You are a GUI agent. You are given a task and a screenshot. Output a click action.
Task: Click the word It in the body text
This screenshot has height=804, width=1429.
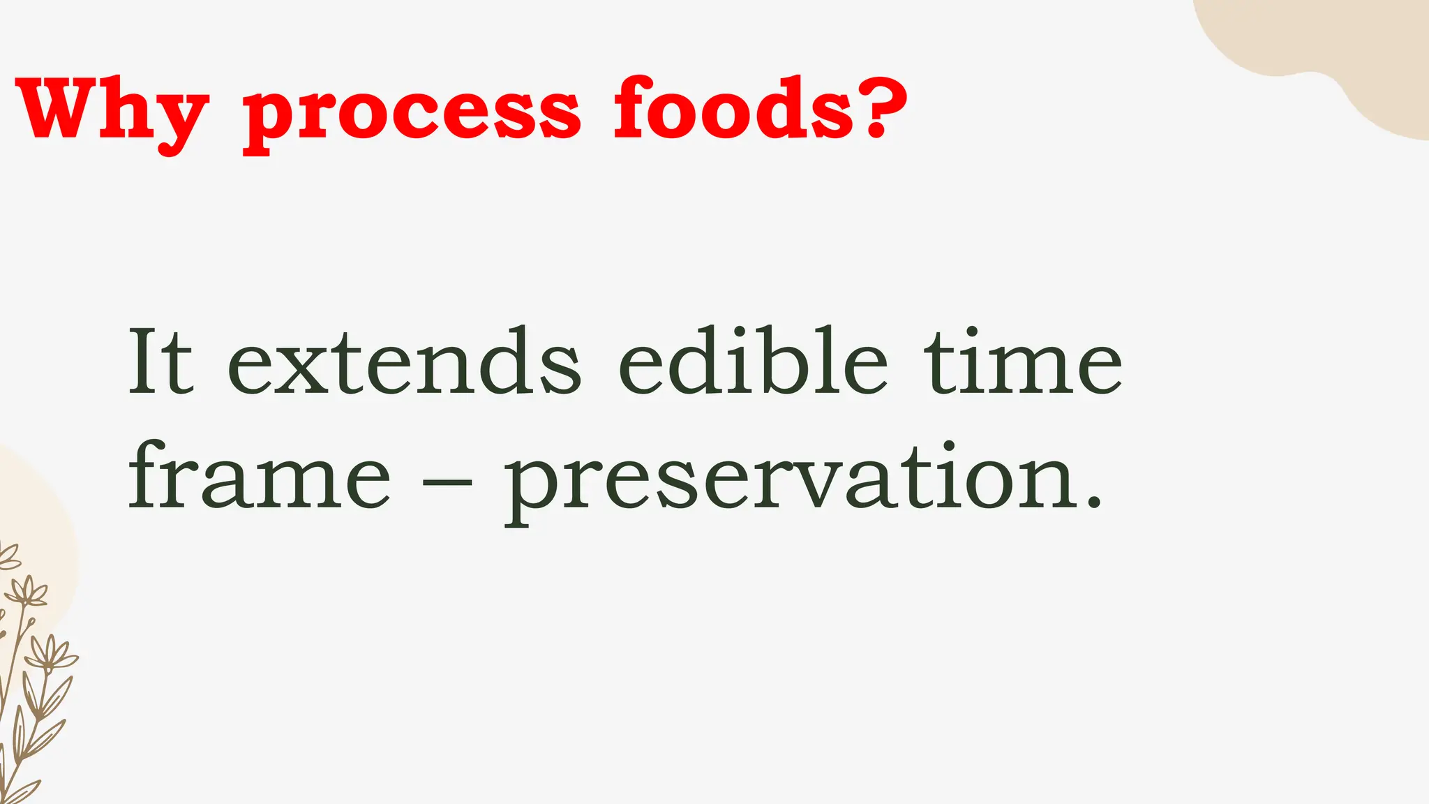coord(160,362)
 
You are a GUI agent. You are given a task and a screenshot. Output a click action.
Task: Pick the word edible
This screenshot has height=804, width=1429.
coord(753,362)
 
